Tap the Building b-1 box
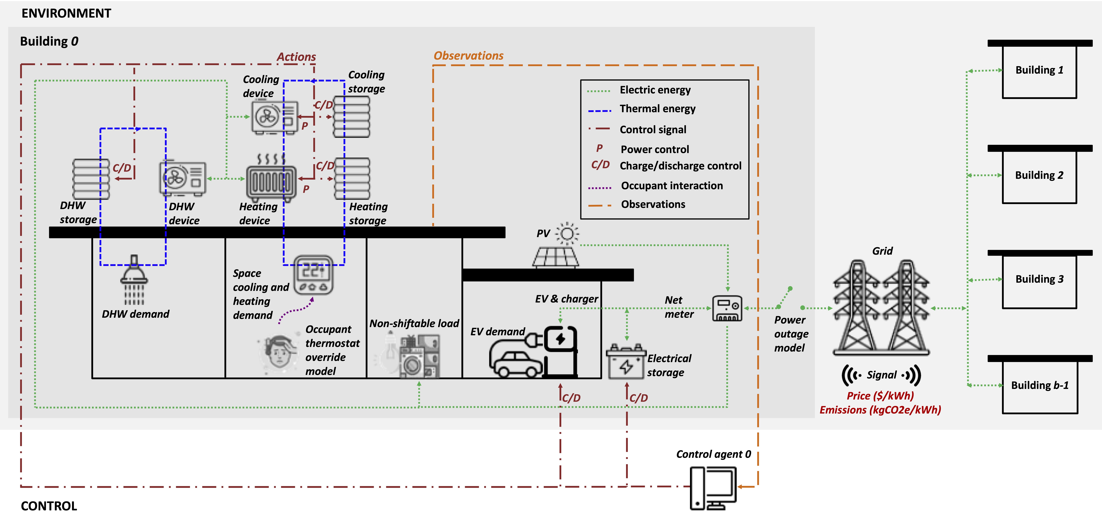(1040, 385)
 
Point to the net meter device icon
(727, 308)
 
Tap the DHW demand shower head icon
(134, 278)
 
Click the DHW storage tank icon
(91, 179)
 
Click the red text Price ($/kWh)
(880, 396)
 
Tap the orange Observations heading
(468, 56)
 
